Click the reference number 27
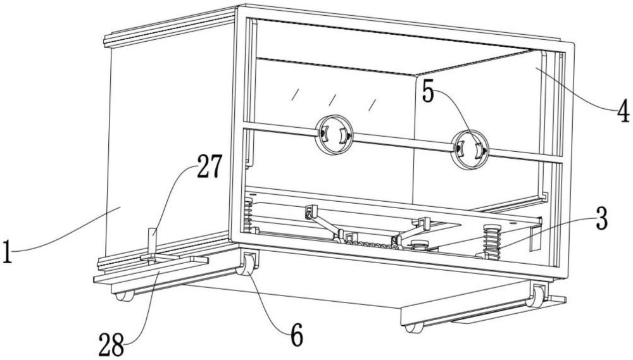point(210,166)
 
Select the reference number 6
point(297,335)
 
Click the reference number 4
point(623,111)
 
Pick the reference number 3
point(601,220)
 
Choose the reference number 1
point(7,252)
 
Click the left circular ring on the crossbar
point(334,135)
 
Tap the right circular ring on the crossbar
point(470,150)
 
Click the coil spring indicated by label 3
point(492,242)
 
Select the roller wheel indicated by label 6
point(247,266)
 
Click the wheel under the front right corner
point(537,297)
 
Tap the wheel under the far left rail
point(125,296)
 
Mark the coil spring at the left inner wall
point(249,215)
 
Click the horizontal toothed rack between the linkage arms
point(370,244)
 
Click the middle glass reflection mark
point(333,99)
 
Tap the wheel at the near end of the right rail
point(415,328)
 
